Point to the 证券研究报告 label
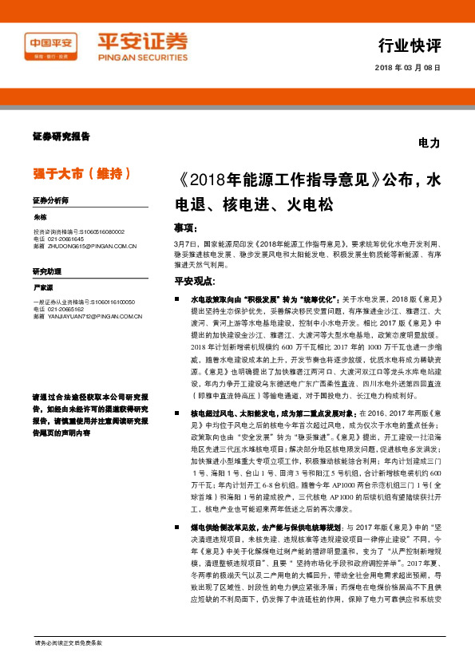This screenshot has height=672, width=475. pos(61,136)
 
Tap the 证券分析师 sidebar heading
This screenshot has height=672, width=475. pos(50,200)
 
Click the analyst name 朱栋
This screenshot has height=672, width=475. pos(41,217)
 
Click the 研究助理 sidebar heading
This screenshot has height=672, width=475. pos(47,271)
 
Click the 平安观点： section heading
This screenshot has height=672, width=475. pos(194,280)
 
